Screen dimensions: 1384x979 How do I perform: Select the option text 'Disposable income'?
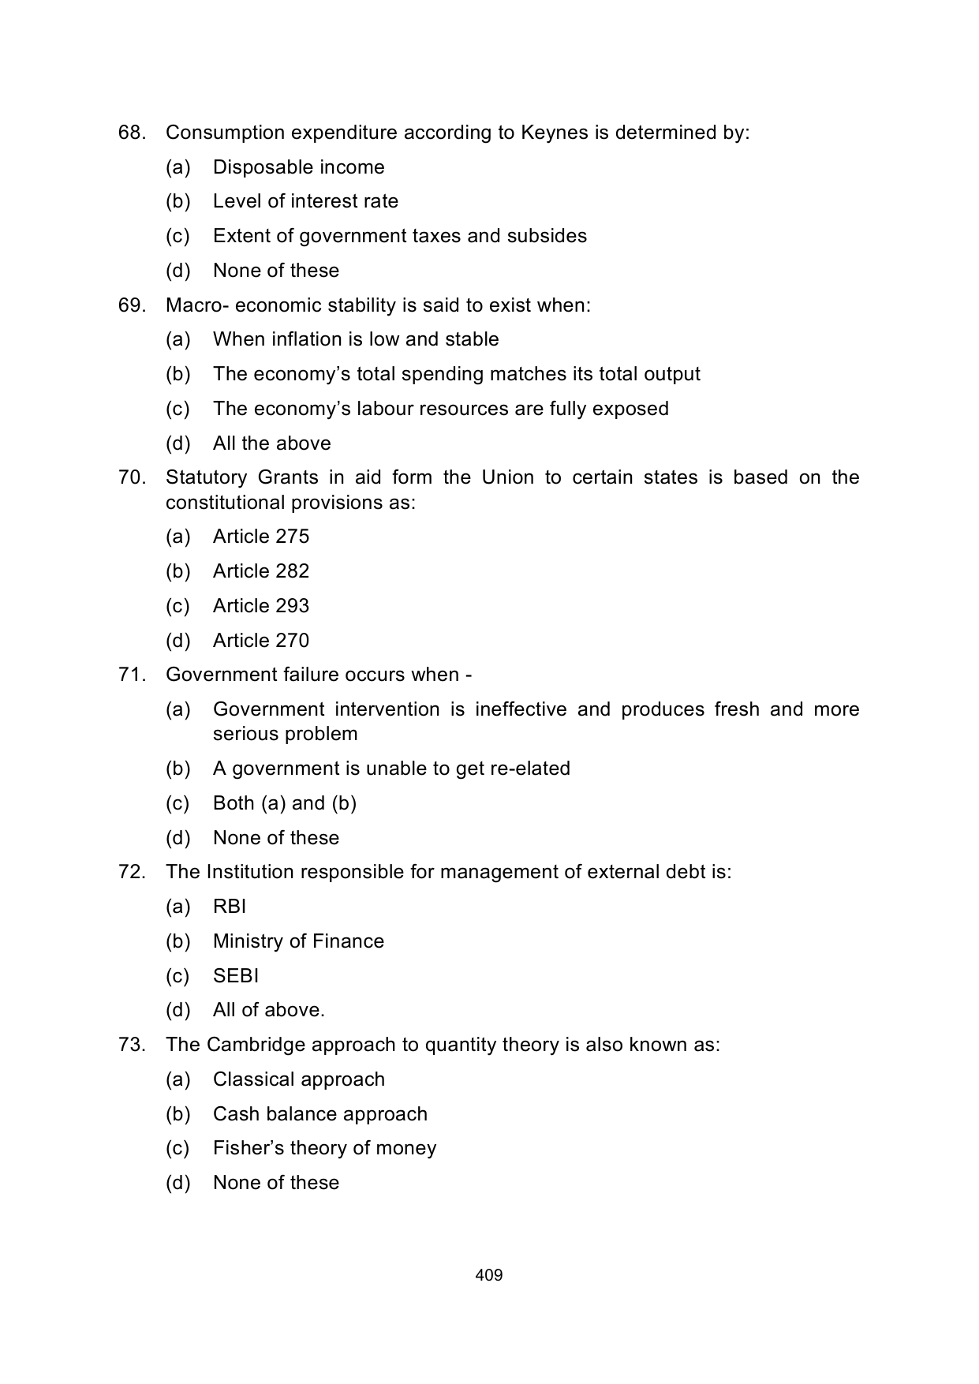pyautogui.click(x=298, y=167)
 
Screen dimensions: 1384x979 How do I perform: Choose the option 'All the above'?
pyautogui.click(x=271, y=443)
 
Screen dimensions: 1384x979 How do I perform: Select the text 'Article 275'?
pyautogui.click(x=261, y=537)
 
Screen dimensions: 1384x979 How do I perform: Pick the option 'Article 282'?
pyautogui.click(x=261, y=571)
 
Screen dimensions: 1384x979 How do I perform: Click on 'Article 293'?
pyautogui.click(x=261, y=606)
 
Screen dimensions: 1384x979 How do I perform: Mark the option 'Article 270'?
pyautogui.click(x=261, y=641)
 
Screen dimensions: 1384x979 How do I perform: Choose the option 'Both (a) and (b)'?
pyautogui.click(x=284, y=803)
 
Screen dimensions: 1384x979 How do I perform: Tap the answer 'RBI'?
pyautogui.click(x=230, y=907)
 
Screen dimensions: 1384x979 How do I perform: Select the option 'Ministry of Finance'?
pyautogui.click(x=298, y=941)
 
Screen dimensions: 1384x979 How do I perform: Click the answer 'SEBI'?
pyautogui.click(x=236, y=976)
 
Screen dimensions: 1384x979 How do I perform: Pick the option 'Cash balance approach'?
pyautogui.click(x=319, y=1114)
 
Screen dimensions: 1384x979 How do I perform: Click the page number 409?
pyautogui.click(x=489, y=1275)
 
